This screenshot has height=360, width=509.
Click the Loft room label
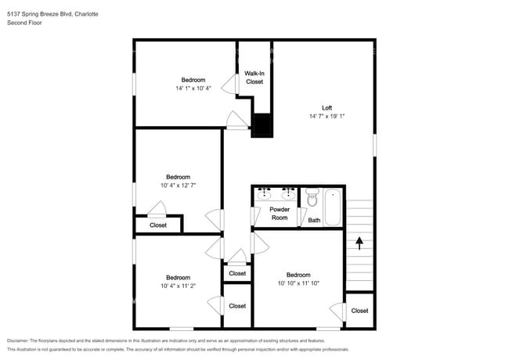point(327,108)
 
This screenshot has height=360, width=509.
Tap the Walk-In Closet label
point(254,77)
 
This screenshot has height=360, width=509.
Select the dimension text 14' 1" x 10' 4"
point(193,88)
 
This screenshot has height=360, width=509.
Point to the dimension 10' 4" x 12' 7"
point(179,185)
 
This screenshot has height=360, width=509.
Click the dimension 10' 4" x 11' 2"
point(179,286)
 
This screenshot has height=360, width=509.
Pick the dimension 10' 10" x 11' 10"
point(298,283)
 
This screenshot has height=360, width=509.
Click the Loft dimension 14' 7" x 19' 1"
point(327,116)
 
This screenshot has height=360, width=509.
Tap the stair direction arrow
point(359,243)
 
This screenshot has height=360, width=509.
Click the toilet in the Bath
point(312,197)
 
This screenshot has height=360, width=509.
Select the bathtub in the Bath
point(333,207)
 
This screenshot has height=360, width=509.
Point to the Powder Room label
point(280,214)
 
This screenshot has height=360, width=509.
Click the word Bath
point(314,220)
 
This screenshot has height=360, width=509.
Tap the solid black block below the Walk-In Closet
point(262,125)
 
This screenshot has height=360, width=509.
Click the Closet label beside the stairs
point(359,311)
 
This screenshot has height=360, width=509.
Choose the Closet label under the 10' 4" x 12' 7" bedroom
point(158,225)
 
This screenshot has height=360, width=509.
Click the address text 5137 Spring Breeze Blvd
point(40,14)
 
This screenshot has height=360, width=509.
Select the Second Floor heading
point(24,23)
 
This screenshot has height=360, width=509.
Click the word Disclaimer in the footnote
point(18,340)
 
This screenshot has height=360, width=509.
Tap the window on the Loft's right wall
point(374,146)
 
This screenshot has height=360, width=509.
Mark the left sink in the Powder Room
point(264,194)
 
